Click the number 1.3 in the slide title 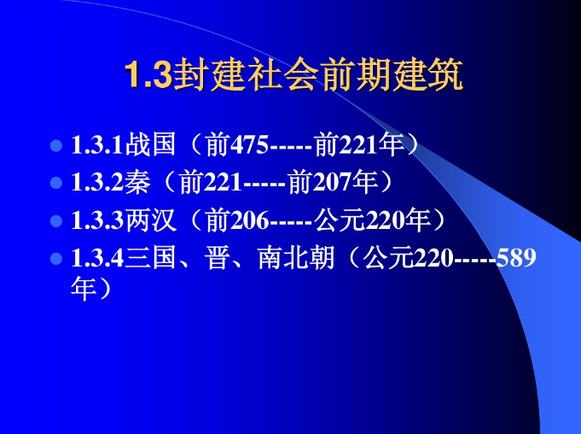pos(148,77)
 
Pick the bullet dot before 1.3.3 pos(56,220)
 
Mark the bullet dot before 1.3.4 pos(56,258)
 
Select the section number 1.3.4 pos(98,258)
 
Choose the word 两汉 pos(151,220)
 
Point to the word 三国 pos(151,258)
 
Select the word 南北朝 pos(295,258)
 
